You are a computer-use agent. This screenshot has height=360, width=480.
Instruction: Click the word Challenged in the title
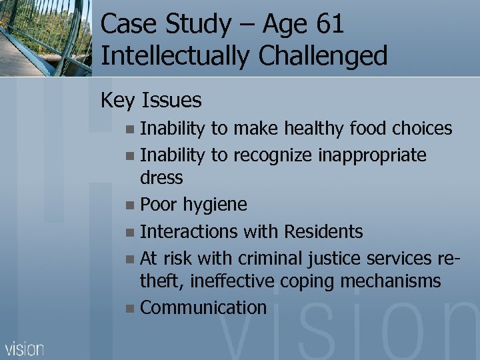[323, 56]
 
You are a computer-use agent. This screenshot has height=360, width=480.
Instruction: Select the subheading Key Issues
[151, 100]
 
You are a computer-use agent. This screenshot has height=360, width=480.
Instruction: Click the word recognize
[271, 155]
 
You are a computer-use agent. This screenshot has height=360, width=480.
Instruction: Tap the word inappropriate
[373, 155]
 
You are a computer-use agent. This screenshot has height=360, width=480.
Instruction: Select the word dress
[161, 178]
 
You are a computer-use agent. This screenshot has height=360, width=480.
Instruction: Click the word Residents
[323, 231]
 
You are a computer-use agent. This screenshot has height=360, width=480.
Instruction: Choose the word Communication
[203, 307]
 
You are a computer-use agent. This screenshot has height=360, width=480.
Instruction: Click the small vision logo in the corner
[25, 348]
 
